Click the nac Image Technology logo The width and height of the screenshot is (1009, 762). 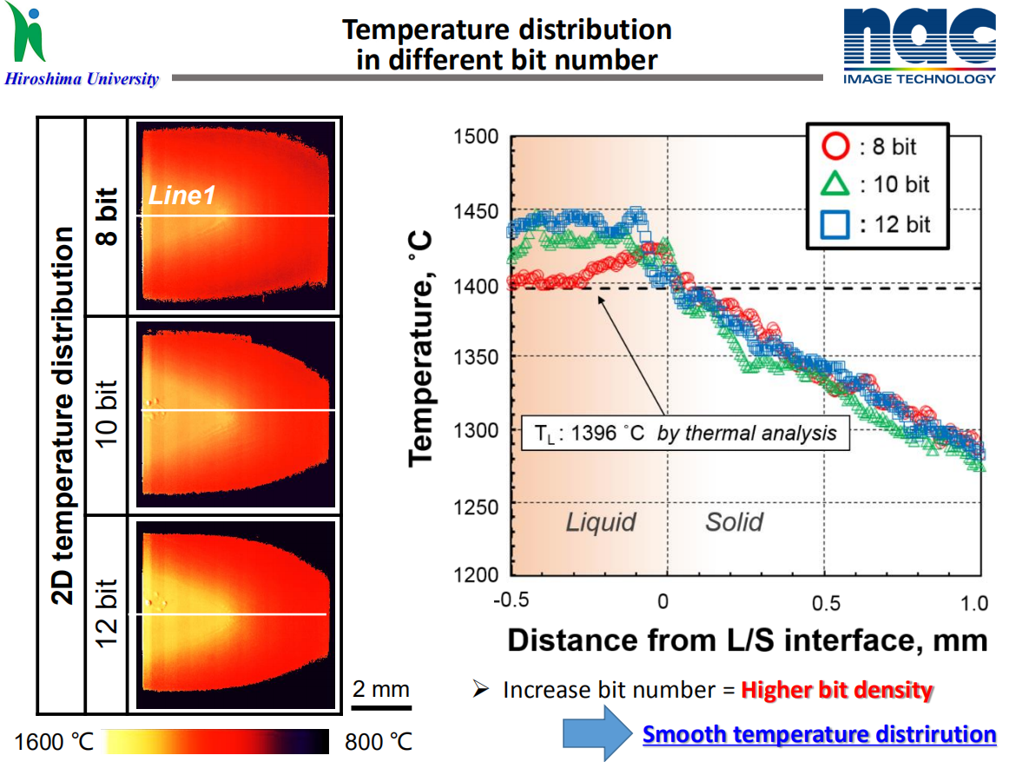919,46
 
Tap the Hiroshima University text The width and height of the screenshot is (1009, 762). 82,80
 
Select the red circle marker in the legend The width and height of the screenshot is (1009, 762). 834,146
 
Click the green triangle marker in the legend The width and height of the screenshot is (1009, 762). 834,184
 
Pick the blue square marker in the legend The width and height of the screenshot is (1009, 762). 834,224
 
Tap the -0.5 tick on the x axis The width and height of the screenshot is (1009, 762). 510,602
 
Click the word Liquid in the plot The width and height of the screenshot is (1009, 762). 601,522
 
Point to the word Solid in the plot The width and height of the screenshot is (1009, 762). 734,522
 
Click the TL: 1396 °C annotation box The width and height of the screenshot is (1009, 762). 684,433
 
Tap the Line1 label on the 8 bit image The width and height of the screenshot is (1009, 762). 181,197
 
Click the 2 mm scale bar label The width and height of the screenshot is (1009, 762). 380,690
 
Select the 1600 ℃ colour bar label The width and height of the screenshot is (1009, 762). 53,743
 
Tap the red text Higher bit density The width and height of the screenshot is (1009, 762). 837,691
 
